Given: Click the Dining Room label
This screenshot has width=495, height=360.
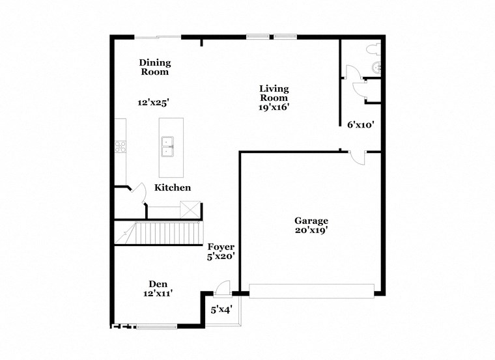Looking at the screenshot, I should coord(155,67).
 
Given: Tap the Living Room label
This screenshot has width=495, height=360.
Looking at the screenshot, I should coord(274,93).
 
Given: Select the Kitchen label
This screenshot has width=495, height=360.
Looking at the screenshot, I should coord(173,187).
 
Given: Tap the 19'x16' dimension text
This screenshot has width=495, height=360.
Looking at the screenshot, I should coord(274,107).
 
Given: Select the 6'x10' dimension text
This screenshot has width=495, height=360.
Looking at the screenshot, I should coord(360,124).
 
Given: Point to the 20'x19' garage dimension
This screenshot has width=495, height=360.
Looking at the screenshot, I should coord(311,230).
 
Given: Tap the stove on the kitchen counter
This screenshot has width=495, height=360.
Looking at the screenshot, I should coord(120,146).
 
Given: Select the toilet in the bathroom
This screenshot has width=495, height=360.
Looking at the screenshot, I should coord(373,48).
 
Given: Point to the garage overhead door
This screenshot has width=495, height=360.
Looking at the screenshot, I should coord(312,291).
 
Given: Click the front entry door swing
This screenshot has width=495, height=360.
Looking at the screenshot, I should coord(222,287).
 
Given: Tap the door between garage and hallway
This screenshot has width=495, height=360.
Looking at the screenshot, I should coord(358,157).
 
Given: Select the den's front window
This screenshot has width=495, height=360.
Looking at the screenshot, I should coord(156,326).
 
